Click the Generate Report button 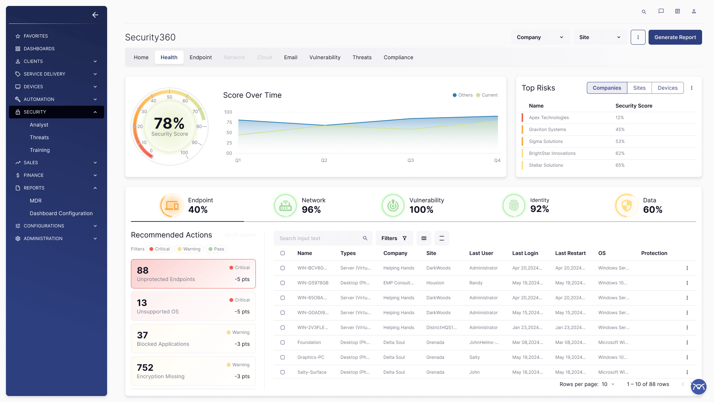675,37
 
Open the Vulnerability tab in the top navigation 325,57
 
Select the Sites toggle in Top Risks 639,88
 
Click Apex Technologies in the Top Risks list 549,118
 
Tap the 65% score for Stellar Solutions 620,165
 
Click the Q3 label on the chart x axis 411,160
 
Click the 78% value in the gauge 169,124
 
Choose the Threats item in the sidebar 39,137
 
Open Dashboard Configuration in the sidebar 61,213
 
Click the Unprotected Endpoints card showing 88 193,274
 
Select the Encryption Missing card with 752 193,371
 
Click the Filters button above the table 394,238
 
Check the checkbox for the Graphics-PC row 283,357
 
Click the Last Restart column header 570,253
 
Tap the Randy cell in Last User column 476,283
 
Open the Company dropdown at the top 540,37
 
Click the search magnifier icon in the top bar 644,12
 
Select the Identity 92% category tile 526,205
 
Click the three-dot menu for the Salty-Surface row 687,372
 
